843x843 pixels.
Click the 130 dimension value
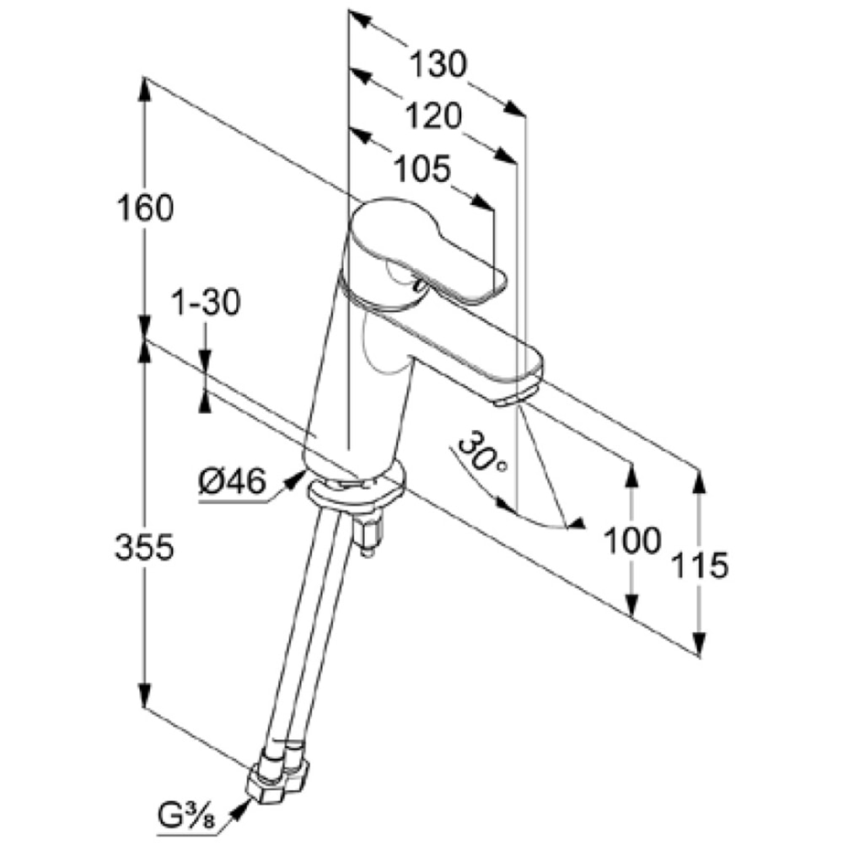tap(438, 64)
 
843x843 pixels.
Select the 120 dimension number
tap(432, 115)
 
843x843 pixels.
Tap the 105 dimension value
tap(422, 169)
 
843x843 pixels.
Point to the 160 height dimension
tap(145, 207)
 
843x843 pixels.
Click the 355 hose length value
tap(145, 548)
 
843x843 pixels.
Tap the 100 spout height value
tap(632, 540)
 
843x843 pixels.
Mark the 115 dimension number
tap(700, 565)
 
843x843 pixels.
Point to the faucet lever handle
tap(427, 253)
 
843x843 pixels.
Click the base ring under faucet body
tap(357, 489)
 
